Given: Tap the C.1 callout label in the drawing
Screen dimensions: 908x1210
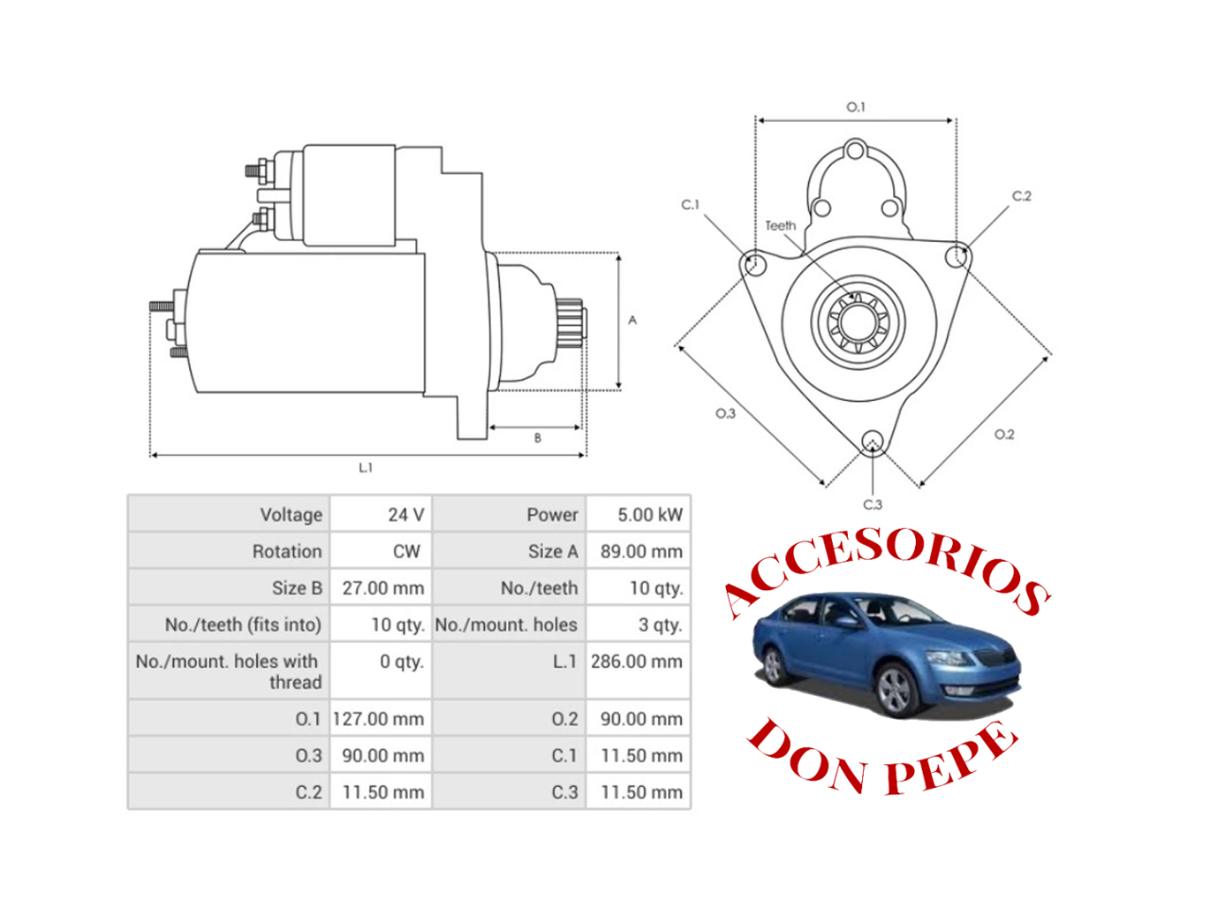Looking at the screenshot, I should click(x=690, y=204).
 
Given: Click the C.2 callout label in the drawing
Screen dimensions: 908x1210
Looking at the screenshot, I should click(x=1022, y=196).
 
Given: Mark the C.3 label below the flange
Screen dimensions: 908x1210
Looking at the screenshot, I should click(x=873, y=504).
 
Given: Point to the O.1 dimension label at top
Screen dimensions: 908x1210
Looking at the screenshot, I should click(x=856, y=107).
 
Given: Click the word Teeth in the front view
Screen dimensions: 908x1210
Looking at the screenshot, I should click(x=780, y=225).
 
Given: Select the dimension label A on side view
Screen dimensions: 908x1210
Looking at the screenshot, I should click(x=632, y=321).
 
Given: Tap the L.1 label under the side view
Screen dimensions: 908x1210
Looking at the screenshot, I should click(x=366, y=467).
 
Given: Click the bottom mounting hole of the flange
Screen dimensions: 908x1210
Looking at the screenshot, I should click(x=873, y=441).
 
